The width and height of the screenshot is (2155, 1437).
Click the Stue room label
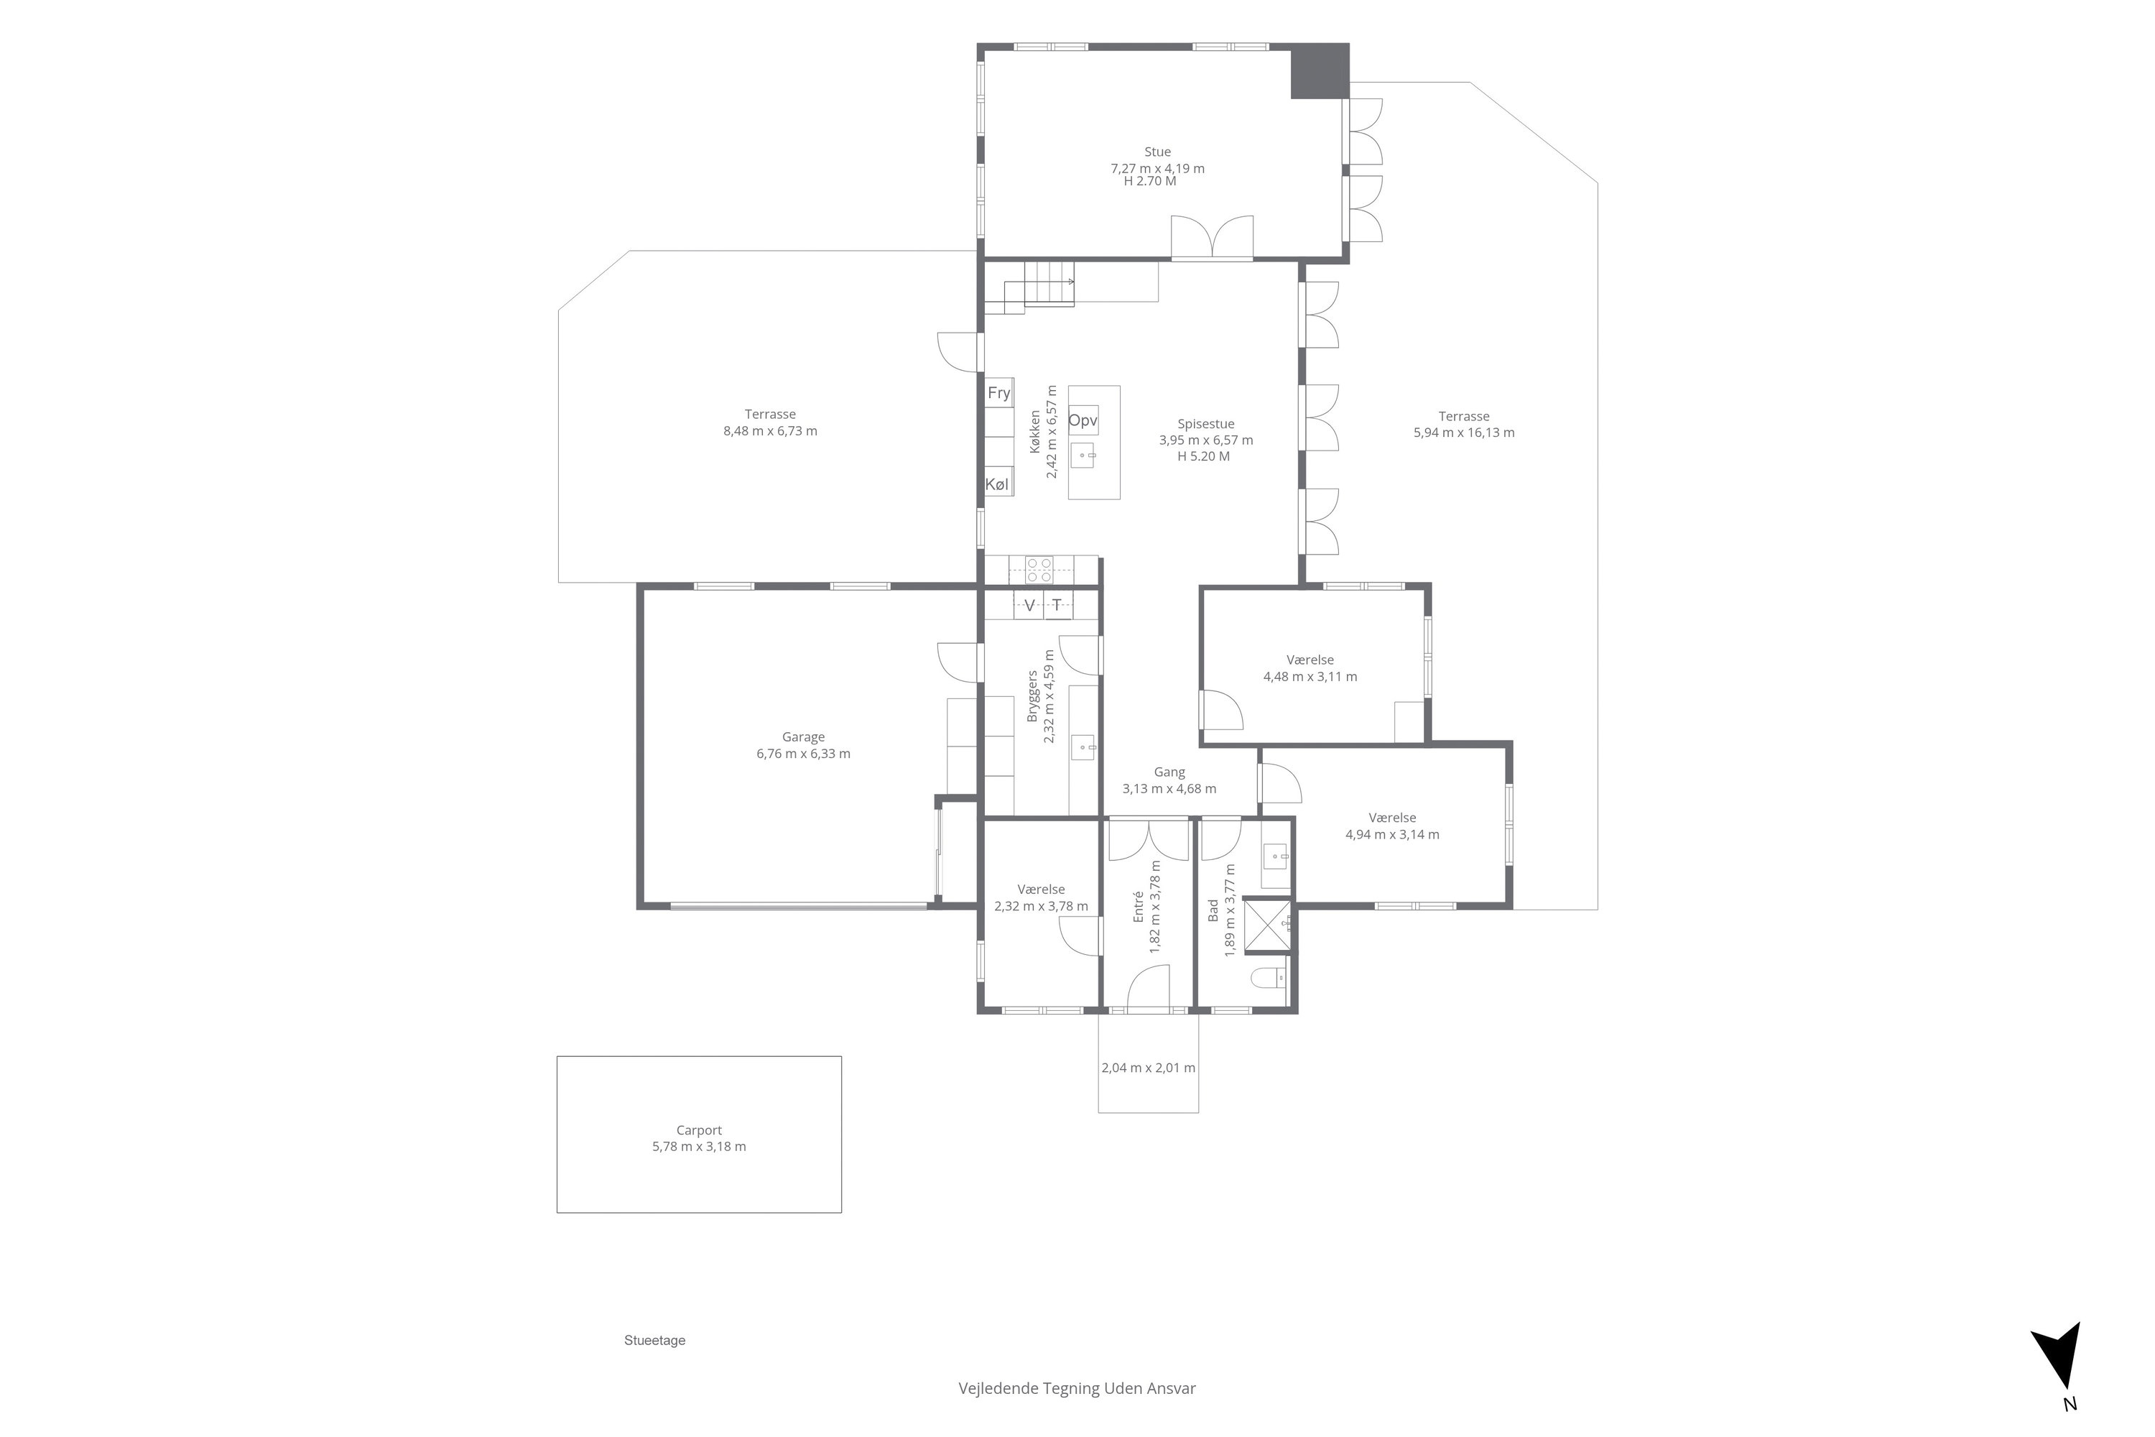(1157, 152)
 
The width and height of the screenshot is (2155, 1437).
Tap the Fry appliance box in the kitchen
(998, 392)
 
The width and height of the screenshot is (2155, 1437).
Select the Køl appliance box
(998, 484)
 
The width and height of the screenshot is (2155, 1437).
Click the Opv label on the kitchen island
(1083, 420)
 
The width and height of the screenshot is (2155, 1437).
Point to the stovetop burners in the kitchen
(1039, 570)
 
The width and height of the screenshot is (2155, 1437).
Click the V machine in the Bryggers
(1029, 605)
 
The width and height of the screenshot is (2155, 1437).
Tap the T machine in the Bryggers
(1057, 605)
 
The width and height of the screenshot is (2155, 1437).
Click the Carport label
(699, 1130)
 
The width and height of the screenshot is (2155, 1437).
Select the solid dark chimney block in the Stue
(1320, 70)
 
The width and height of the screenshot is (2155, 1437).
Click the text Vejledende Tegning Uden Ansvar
(1077, 1388)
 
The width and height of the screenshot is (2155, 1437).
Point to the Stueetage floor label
(655, 1341)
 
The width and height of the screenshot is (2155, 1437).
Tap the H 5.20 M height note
(1204, 456)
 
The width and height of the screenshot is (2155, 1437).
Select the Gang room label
(1170, 772)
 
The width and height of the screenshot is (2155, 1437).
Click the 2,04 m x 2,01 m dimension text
(1148, 1068)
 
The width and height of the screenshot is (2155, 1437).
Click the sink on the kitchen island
(1084, 456)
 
